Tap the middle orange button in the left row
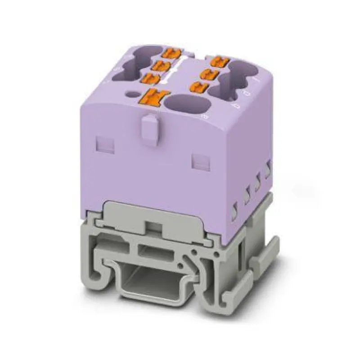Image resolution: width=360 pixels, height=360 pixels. coord(160,66)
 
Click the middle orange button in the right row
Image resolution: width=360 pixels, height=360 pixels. coord(210,73)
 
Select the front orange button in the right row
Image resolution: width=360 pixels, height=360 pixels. coord(199,86)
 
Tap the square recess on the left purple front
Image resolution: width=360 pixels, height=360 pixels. coord(102,144)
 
